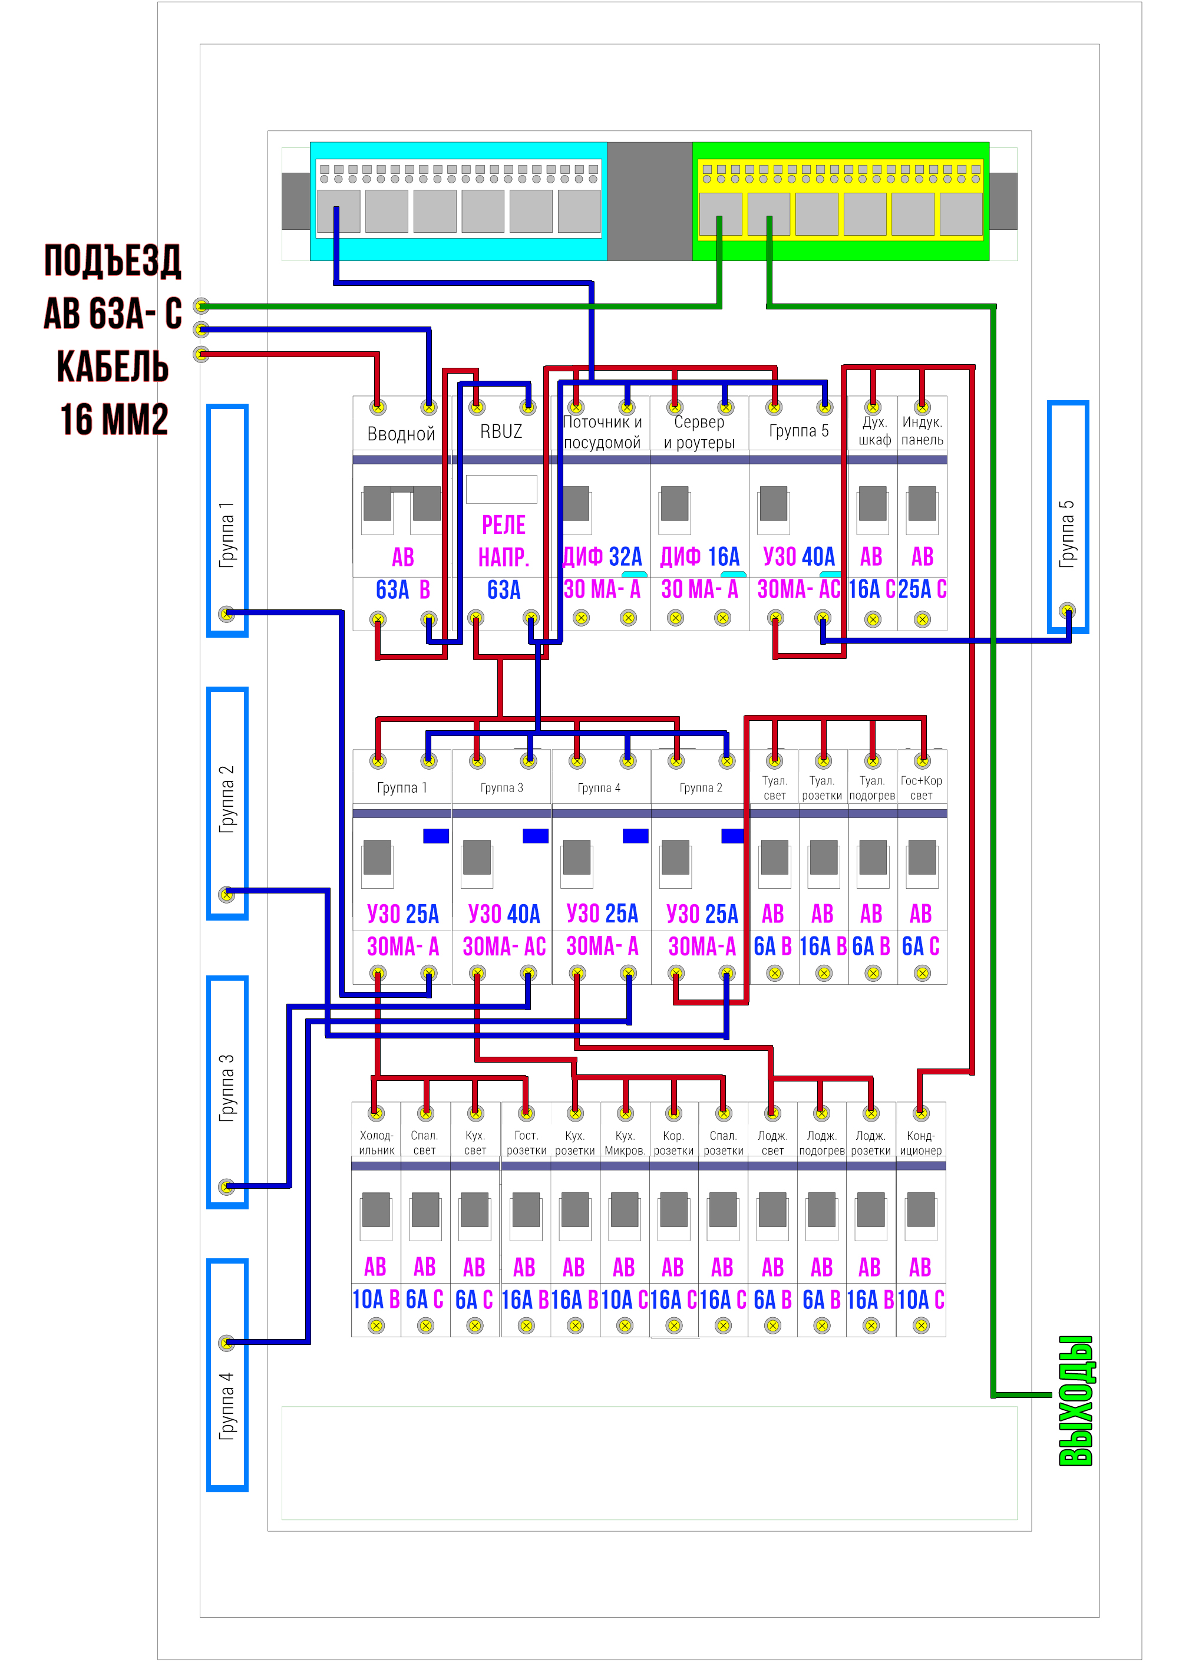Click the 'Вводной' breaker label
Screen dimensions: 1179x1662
point(401,434)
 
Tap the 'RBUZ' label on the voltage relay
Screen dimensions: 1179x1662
point(501,431)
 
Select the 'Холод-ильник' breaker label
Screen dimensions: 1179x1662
point(376,1143)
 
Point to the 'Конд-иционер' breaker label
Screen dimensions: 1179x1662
point(920,1143)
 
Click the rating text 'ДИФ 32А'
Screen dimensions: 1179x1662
point(603,557)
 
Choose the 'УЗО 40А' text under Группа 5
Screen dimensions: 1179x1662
point(798,557)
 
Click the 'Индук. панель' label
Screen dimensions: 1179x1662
point(922,431)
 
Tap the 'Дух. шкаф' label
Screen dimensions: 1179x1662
point(874,431)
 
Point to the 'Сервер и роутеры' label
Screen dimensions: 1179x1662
point(699,432)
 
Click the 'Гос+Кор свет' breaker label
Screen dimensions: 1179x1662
point(922,788)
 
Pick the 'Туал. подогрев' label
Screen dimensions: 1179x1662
point(872,788)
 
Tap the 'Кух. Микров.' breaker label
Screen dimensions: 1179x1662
point(625,1143)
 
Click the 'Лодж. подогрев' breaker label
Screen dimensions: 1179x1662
point(822,1143)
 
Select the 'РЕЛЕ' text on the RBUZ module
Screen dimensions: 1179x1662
point(504,525)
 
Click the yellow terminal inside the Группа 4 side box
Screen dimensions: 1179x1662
point(226,1343)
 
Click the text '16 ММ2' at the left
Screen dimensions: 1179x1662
point(114,419)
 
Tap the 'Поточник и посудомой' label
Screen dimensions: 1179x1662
point(603,432)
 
